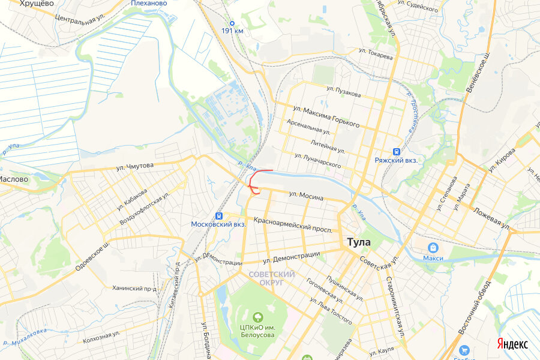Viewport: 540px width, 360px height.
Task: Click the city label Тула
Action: pos(359,242)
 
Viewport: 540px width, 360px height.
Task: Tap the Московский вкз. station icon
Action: pos(219,215)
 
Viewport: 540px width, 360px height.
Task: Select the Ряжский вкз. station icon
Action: pos(396,152)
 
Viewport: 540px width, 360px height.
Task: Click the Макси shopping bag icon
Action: pos(433,247)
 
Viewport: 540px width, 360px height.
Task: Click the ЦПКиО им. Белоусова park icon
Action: pos(258,316)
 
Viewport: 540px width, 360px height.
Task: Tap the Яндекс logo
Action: pos(512,344)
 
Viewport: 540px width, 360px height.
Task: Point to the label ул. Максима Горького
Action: pos(326,116)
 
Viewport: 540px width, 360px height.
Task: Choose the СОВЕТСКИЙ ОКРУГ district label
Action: pos(272,278)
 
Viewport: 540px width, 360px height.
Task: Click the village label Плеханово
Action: pos(148,3)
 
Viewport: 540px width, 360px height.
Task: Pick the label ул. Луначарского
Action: pos(318,160)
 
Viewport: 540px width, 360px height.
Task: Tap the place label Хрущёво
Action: pos(37,4)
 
